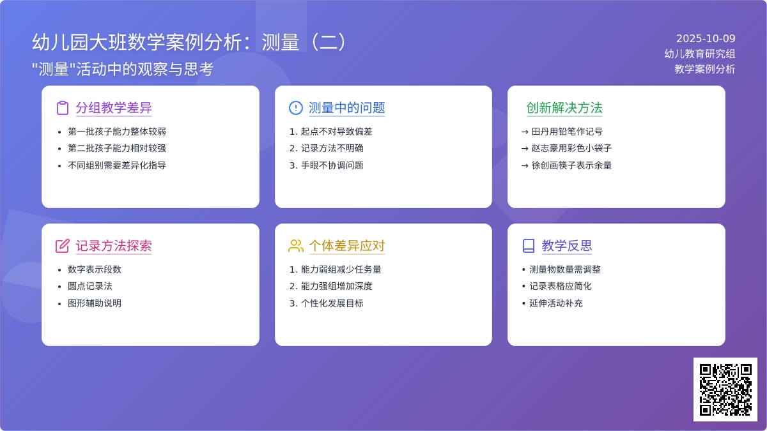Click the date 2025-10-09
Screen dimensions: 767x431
[x=706, y=38]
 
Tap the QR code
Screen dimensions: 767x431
[x=725, y=389]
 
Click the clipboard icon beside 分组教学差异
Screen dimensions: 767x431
[x=63, y=108]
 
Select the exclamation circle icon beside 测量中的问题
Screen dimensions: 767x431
[x=295, y=108]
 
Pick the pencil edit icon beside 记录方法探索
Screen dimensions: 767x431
[x=63, y=246]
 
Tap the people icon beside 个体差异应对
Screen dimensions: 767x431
[x=296, y=246]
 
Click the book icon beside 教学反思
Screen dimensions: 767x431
[x=529, y=246]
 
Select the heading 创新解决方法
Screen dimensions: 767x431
[x=564, y=108]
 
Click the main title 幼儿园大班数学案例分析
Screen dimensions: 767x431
[x=137, y=42]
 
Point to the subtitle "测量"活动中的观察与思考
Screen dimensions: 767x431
[x=123, y=69]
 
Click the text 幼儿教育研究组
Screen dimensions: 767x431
[x=699, y=54]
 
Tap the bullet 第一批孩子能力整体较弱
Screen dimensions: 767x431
[x=117, y=132]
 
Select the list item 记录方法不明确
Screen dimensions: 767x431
[x=332, y=148]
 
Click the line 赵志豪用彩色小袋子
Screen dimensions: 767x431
[x=571, y=148]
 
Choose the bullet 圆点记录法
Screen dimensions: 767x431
[x=89, y=286]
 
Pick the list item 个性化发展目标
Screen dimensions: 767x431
[x=332, y=303]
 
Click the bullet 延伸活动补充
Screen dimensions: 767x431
[x=555, y=303]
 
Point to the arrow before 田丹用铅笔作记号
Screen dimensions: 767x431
[x=525, y=132]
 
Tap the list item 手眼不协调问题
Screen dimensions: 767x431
[x=332, y=165]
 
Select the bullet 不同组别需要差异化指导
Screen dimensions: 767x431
[x=117, y=165]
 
